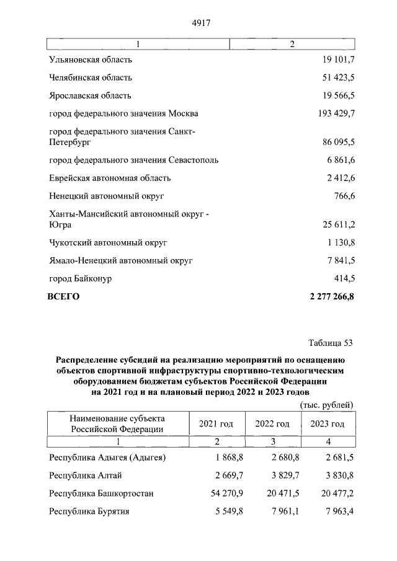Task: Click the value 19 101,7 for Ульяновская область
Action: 337,60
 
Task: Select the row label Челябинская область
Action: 91,78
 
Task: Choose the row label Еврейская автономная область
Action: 110,178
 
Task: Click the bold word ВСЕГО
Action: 64,297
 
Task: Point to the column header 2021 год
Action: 216,424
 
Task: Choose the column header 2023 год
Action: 327,424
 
